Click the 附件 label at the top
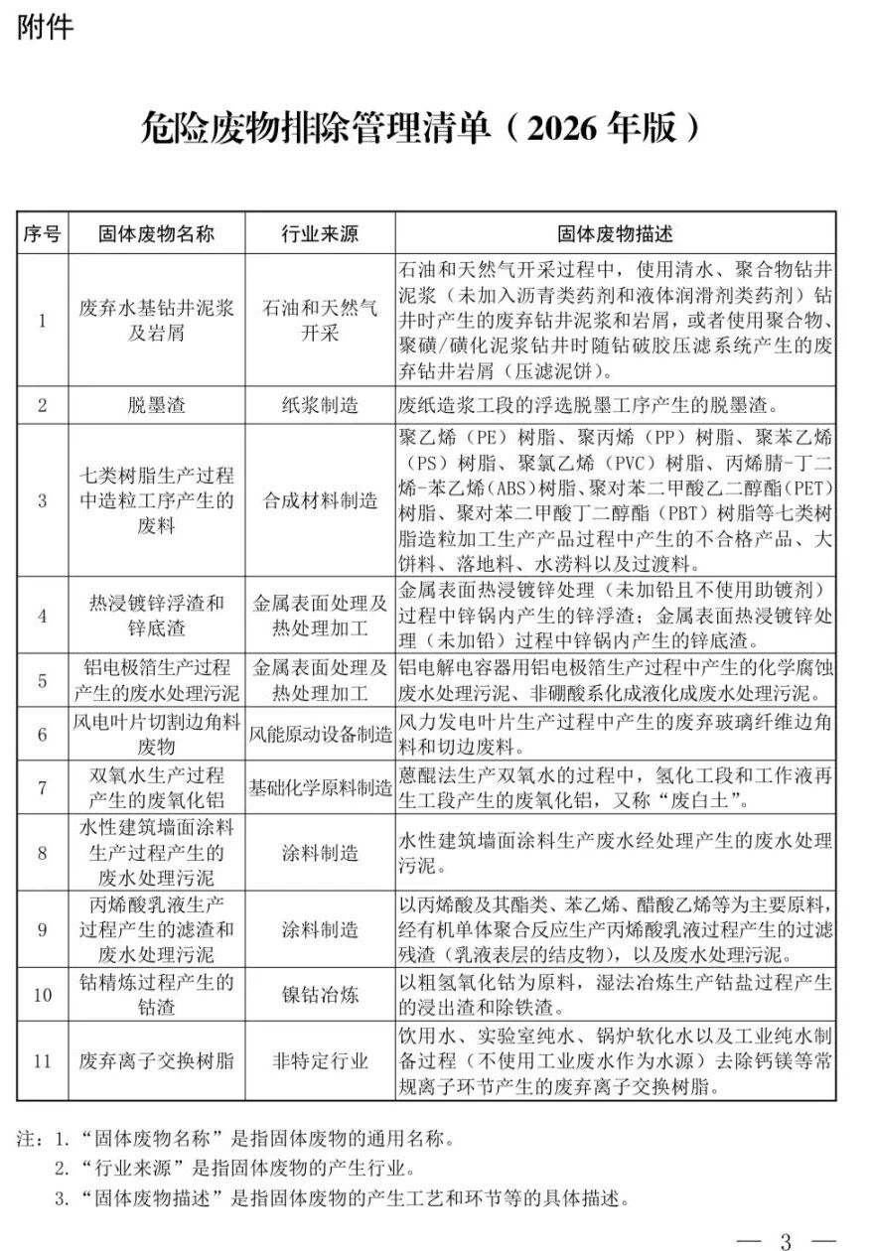(x=46, y=27)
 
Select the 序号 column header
(x=42, y=234)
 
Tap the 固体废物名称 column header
(x=156, y=234)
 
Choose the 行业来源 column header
(x=319, y=234)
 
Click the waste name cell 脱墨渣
(x=156, y=405)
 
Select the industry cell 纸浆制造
(x=319, y=405)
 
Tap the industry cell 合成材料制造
(x=319, y=500)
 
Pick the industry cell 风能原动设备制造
(x=319, y=735)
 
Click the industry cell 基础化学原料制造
(x=319, y=788)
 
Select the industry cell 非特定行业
(x=319, y=1060)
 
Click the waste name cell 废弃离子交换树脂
(x=156, y=1060)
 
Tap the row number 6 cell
(x=42, y=735)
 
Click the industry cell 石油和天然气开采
(x=319, y=320)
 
